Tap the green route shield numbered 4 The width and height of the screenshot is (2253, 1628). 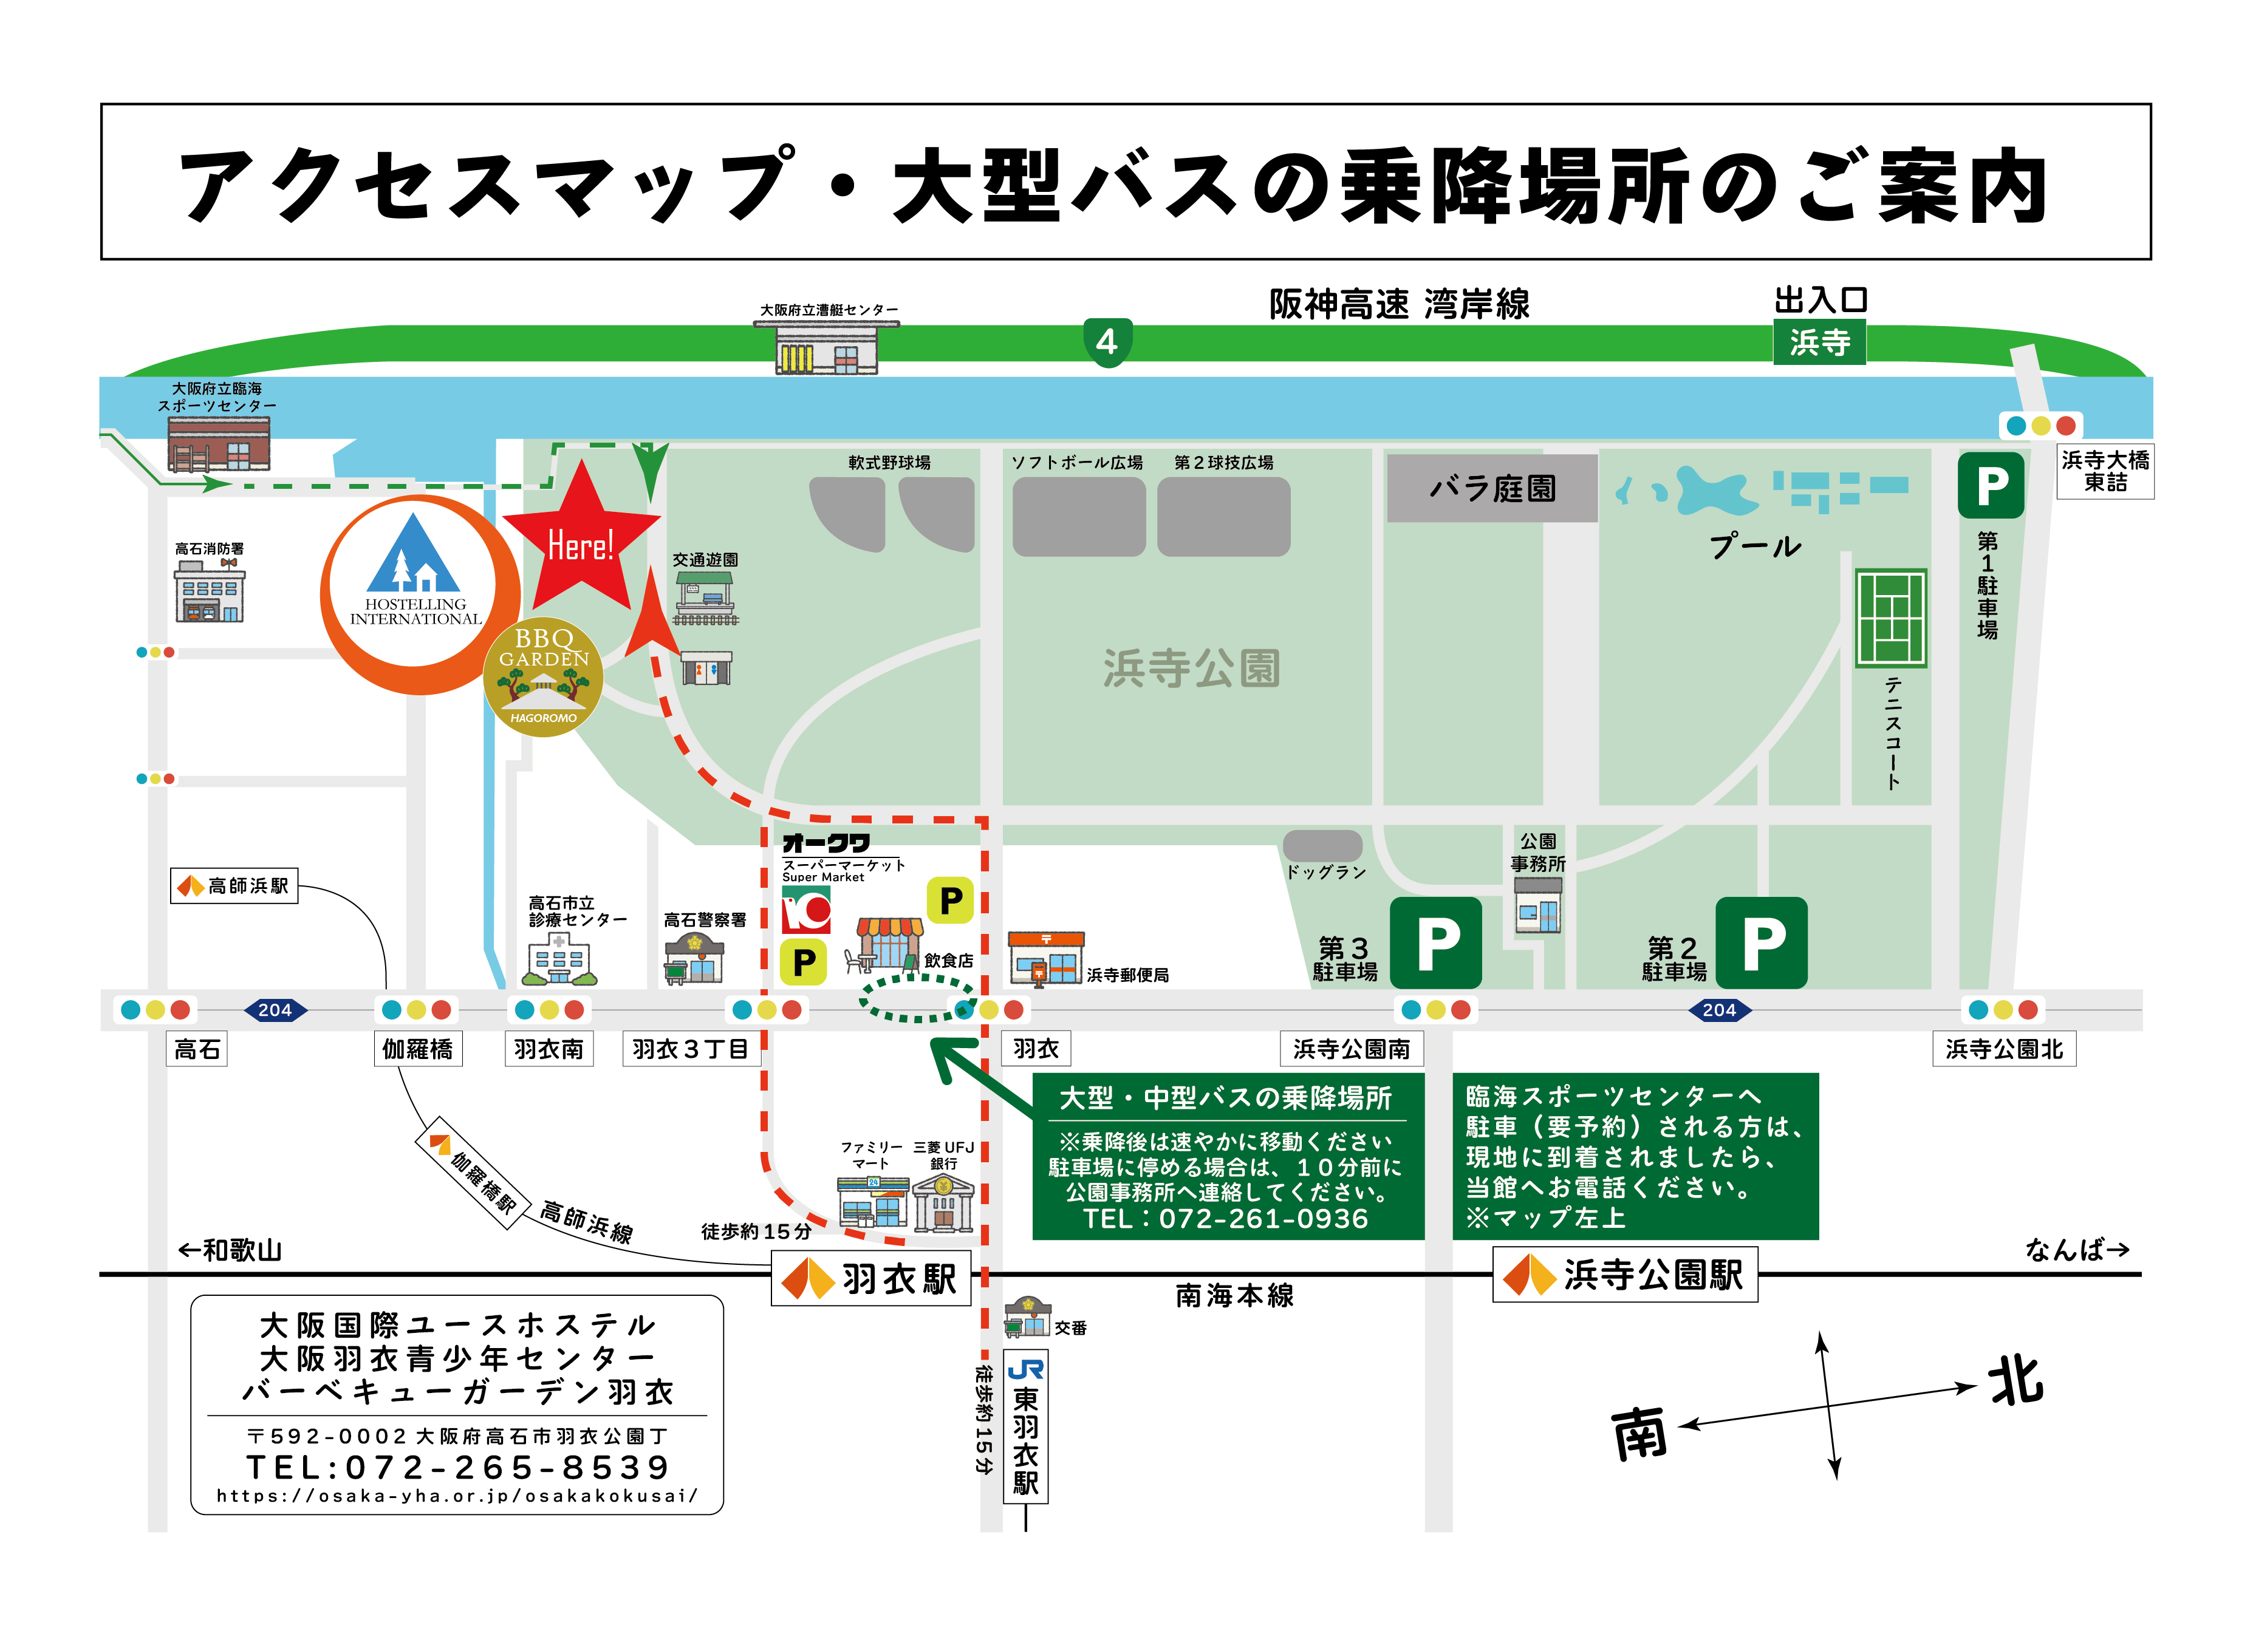tap(1107, 342)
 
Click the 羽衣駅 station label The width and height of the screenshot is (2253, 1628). tap(871, 1278)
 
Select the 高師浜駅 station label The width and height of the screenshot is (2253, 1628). tap(234, 885)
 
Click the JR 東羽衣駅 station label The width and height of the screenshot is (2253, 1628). tap(1025, 1429)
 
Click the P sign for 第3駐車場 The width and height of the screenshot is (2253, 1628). tap(1437, 942)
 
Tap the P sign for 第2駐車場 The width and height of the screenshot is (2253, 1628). tap(1761, 942)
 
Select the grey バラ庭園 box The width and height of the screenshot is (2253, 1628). tap(1492, 488)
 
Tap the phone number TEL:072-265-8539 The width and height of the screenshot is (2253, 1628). tap(458, 1467)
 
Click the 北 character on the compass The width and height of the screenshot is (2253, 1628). tap(2015, 1381)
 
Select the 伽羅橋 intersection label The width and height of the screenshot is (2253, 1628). tap(417, 1049)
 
